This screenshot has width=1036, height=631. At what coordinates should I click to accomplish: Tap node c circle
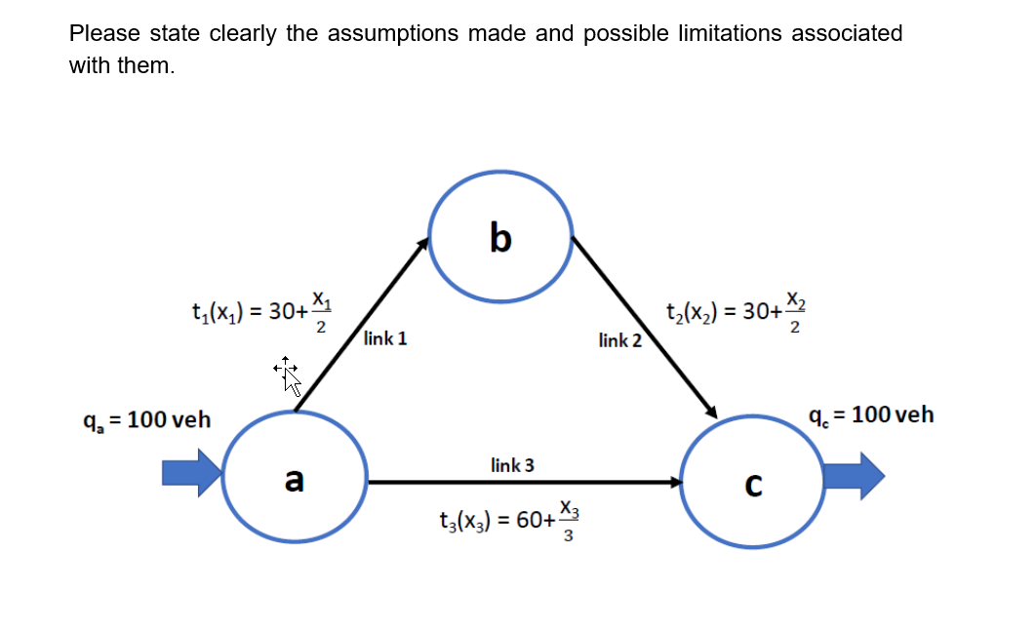[x=750, y=483]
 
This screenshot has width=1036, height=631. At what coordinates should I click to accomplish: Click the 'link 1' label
[x=384, y=339]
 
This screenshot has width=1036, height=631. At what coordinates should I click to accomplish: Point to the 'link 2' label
[x=620, y=340]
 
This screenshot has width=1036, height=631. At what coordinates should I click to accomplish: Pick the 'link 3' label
[x=512, y=465]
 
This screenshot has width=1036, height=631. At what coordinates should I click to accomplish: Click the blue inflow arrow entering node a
[x=191, y=473]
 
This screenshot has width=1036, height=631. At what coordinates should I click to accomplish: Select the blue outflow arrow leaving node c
[x=854, y=476]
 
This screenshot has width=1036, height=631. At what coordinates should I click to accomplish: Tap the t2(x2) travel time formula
[x=737, y=312]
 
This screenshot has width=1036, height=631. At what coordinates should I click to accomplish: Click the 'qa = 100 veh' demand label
[x=146, y=420]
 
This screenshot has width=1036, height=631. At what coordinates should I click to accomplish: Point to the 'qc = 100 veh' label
[x=871, y=415]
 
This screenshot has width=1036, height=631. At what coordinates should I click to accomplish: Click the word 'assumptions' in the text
[x=392, y=33]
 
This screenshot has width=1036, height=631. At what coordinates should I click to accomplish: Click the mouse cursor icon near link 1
[x=287, y=374]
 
